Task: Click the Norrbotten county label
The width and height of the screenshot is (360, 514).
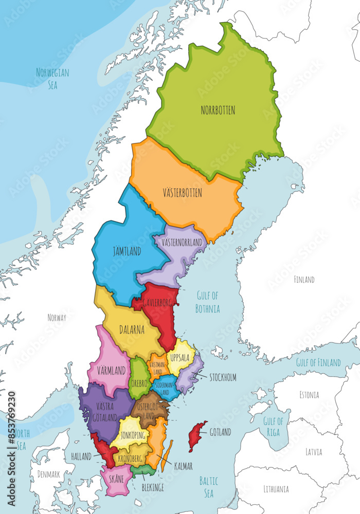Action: tap(218, 110)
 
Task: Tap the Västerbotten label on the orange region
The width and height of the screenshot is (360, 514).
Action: tap(182, 193)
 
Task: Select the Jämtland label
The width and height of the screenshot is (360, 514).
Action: tap(127, 252)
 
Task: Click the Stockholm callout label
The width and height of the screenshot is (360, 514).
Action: tap(223, 377)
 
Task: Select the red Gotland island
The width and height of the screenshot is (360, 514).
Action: tap(197, 435)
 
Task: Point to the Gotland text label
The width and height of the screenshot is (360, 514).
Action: tap(220, 432)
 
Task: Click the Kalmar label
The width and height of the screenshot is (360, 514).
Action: tap(183, 467)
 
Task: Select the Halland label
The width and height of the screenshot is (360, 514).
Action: tap(81, 456)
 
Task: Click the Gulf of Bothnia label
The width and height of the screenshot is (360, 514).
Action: tap(208, 302)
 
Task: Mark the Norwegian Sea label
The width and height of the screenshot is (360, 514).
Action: tap(52, 78)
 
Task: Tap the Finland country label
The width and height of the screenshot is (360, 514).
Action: tap(304, 280)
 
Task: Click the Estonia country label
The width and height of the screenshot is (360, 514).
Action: tap(309, 395)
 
